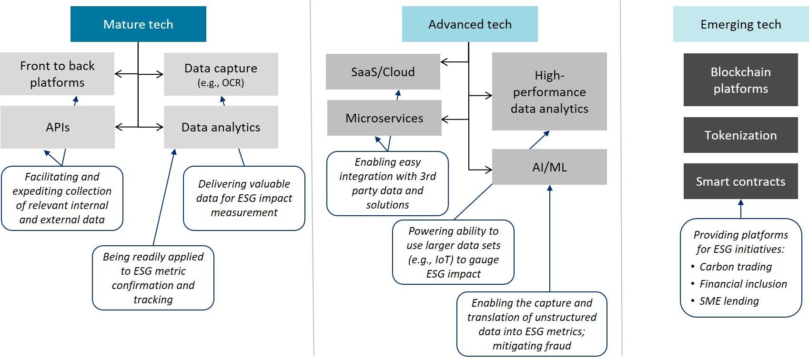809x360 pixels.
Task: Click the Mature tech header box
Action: click(138, 24)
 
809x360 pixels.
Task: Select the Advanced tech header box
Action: click(470, 24)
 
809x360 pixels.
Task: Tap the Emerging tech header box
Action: click(740, 24)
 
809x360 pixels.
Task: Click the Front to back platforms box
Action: click(57, 74)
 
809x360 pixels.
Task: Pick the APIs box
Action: click(58, 127)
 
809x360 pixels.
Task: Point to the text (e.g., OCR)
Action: click(221, 83)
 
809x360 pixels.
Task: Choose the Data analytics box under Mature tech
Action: click(221, 127)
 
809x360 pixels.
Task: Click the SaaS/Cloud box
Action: click(383, 72)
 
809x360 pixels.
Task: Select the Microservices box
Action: click(384, 118)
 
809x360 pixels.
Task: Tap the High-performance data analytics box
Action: click(549, 91)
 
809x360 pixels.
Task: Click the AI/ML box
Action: click(549, 167)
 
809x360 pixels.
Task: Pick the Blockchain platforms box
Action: click(740, 80)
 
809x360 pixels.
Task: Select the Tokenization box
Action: click(740, 135)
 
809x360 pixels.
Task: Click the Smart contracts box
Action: click(740, 181)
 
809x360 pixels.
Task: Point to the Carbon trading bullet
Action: click(735, 267)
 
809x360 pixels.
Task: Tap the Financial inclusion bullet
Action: click(743, 284)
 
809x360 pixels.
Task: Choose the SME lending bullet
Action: click(729, 301)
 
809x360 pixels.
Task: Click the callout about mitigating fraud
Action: click(532, 324)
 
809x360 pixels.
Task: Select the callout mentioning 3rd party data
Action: click(387, 183)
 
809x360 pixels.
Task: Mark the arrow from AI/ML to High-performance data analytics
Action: click(539, 140)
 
